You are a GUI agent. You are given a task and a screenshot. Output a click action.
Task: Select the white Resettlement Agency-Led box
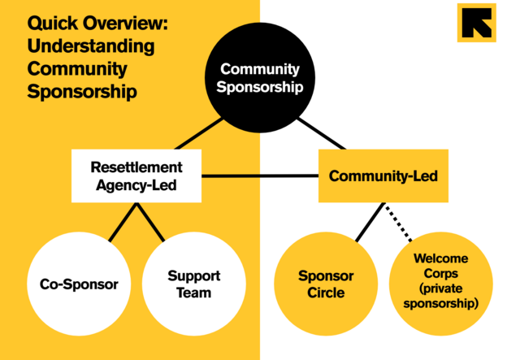point(136,176)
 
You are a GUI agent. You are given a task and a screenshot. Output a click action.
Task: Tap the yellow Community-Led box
point(383,176)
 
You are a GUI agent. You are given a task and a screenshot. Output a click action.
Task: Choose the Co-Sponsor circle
point(79,284)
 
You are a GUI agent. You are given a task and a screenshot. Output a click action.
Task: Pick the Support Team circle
point(193,284)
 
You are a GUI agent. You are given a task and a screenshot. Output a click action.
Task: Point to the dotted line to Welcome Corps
point(396,221)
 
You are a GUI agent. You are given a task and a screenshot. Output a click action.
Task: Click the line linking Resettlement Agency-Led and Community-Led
point(260,176)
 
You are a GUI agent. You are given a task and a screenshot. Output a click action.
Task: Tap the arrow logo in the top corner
point(476,22)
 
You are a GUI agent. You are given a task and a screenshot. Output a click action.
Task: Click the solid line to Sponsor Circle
point(370,222)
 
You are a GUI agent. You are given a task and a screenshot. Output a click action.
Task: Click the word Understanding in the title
point(91,46)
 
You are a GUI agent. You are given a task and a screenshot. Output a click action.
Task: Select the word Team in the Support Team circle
point(193,293)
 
